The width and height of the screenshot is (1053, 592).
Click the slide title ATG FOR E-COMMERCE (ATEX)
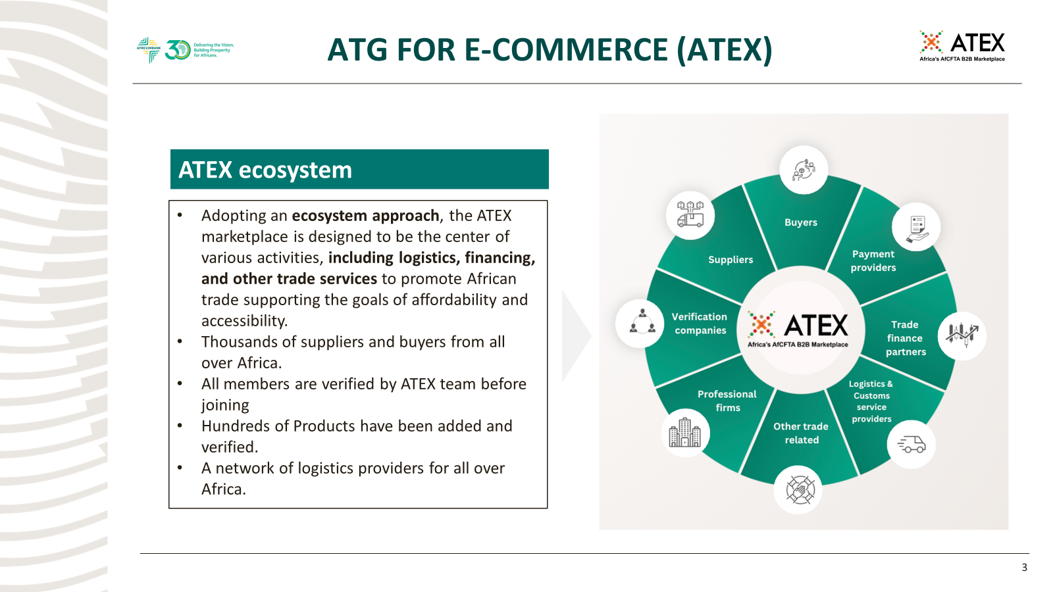550,50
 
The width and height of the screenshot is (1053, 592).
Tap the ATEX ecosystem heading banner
359,170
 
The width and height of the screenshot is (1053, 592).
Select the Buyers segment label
800,222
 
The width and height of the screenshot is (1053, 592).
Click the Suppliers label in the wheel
731,260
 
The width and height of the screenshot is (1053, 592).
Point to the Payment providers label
873,260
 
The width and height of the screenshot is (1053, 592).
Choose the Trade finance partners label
905,338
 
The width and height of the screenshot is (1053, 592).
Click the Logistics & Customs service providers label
871,401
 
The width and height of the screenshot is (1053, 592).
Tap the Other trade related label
801,433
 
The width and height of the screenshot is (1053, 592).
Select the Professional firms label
727,401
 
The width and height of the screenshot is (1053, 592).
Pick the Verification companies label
700,324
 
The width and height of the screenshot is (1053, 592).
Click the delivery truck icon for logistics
912,445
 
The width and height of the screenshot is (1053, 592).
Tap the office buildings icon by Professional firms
685,433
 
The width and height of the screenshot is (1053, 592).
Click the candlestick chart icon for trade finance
962,335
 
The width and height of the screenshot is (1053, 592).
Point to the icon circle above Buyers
804,170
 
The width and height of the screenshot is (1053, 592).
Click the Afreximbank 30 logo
185,50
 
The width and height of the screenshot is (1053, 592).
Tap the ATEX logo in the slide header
962,46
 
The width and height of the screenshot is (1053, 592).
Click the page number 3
1024,568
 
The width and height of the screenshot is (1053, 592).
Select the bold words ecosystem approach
365,216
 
